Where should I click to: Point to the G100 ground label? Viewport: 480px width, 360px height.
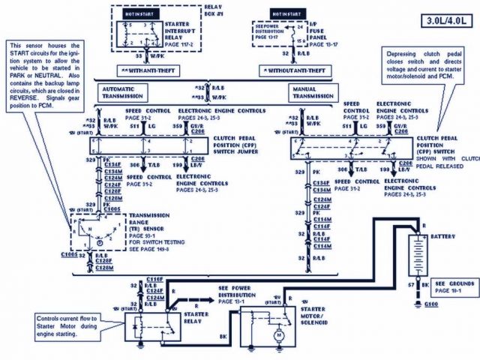pyautogui.click(x=432, y=305)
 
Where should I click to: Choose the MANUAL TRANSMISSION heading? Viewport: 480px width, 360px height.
pyautogui.click(x=313, y=91)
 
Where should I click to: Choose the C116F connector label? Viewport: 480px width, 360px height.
pyautogui.click(x=155, y=278)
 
